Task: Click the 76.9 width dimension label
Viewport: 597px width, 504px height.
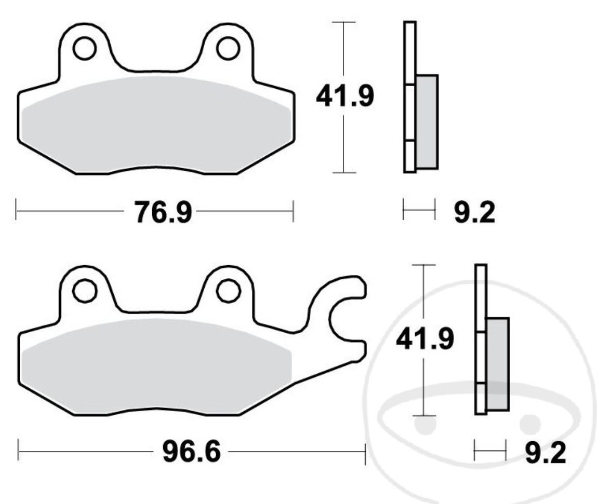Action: pos(163,212)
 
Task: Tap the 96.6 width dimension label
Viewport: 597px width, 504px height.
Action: pos(192,452)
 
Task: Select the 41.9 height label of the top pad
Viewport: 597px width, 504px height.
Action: pos(345,96)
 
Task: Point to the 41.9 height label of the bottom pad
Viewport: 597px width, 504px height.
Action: pos(425,338)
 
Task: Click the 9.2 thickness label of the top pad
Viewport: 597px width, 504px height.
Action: pos(475,212)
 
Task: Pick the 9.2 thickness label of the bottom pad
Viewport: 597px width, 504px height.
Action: pos(546,453)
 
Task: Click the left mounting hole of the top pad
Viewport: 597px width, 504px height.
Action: pos(85,48)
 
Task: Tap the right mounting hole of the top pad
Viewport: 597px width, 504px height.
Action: pos(228,48)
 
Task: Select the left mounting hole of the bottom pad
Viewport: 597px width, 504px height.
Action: pos(85,291)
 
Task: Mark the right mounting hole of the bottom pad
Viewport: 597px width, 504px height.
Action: pos(228,291)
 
